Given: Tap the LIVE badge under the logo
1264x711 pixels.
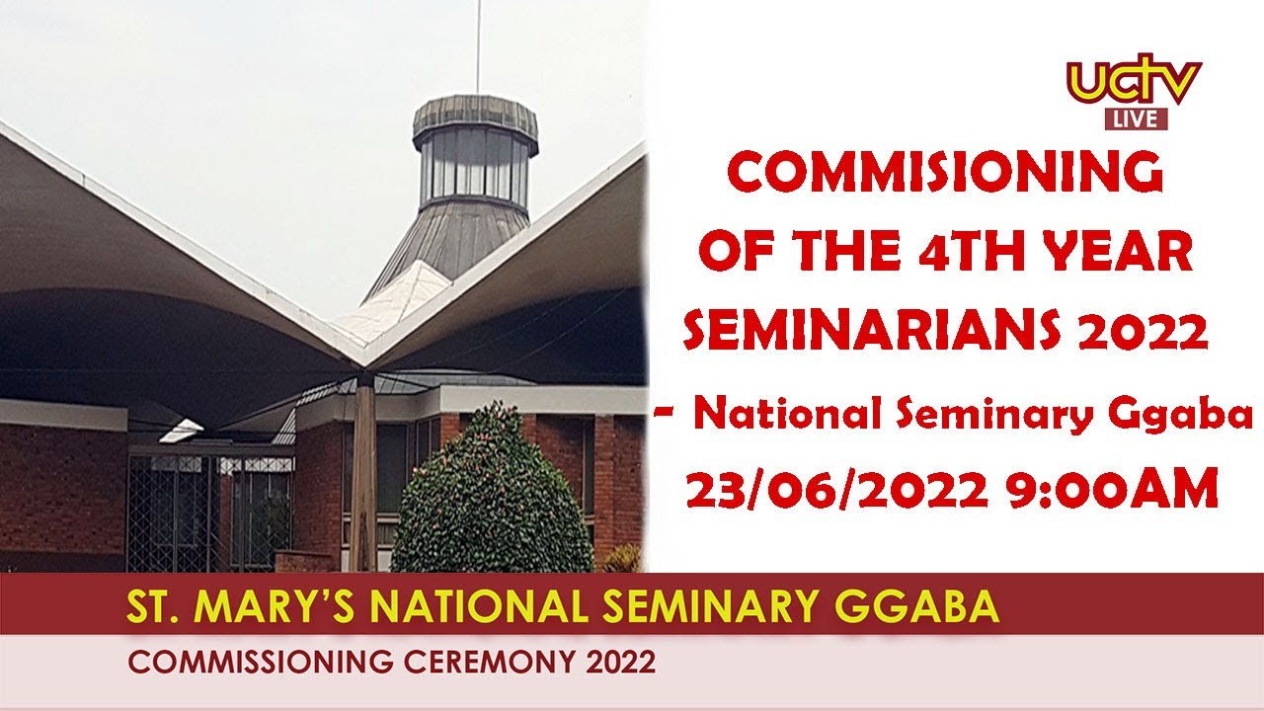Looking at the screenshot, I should (1136, 119).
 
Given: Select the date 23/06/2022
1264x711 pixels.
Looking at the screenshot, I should (837, 490).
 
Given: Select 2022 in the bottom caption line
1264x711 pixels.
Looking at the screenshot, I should (620, 662).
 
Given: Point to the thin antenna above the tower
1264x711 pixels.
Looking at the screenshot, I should (478, 44).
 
